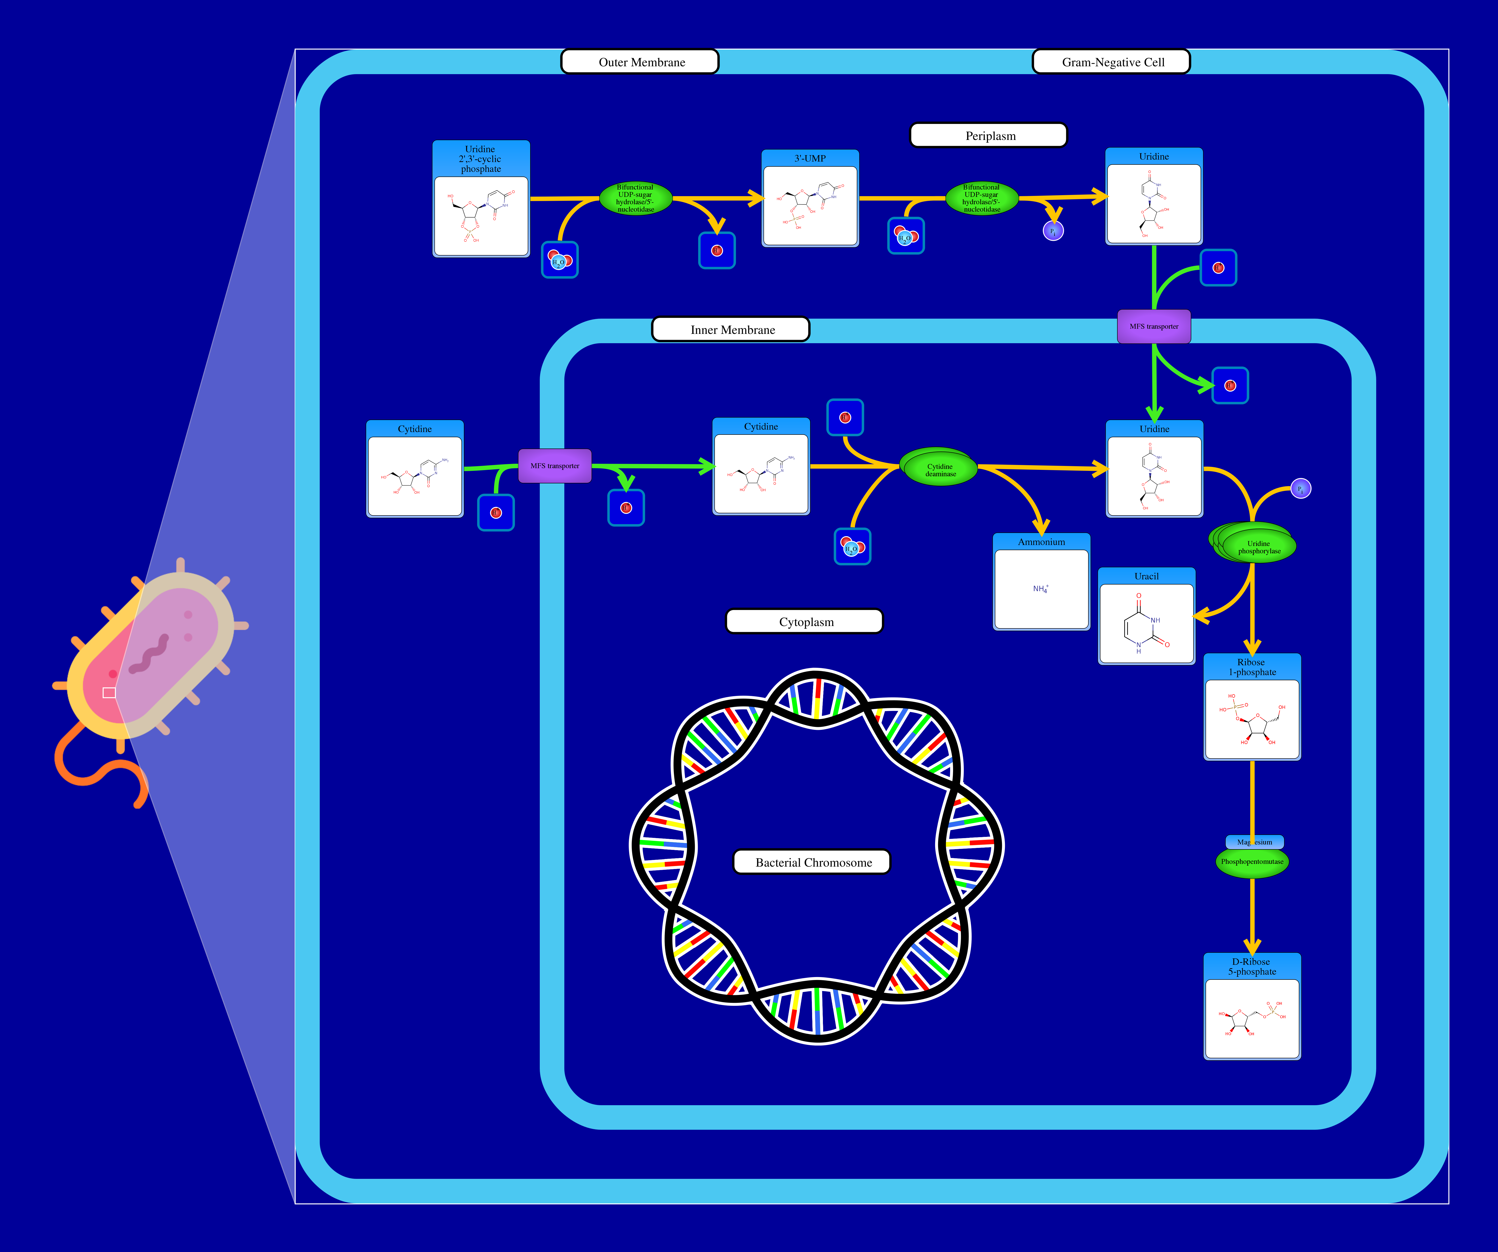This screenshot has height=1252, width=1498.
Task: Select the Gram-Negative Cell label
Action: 1111,62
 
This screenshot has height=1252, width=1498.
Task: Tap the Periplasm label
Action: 989,136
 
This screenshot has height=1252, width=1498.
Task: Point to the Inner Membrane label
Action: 731,329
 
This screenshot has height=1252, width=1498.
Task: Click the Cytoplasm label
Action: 805,622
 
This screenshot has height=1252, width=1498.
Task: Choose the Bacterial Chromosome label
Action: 813,862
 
